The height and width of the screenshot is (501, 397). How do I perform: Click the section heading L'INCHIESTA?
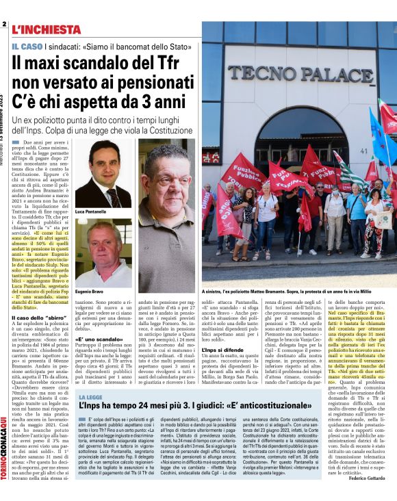tap(47, 29)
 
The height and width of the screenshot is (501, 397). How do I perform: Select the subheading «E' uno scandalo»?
tap(94, 337)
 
